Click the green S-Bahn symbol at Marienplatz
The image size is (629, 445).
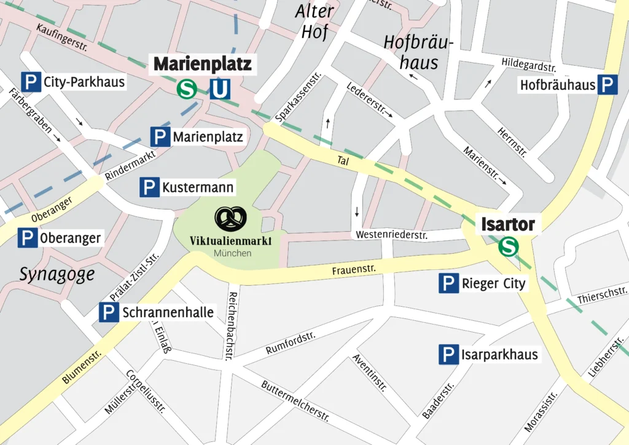(x=187, y=89)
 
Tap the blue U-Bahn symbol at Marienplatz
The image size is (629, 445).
(x=219, y=89)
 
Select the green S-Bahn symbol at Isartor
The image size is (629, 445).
(x=508, y=247)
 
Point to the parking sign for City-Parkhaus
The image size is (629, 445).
(x=31, y=81)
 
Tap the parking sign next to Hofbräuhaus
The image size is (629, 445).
(x=608, y=84)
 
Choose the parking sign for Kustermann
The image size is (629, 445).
(x=149, y=187)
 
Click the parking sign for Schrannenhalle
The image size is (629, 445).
(x=109, y=313)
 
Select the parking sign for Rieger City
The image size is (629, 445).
(x=448, y=283)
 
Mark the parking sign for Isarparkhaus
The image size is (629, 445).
(x=448, y=355)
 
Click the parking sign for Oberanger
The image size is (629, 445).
(x=28, y=238)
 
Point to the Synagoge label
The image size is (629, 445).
(x=57, y=274)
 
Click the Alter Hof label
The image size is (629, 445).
(x=314, y=21)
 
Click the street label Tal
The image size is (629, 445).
(x=343, y=160)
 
